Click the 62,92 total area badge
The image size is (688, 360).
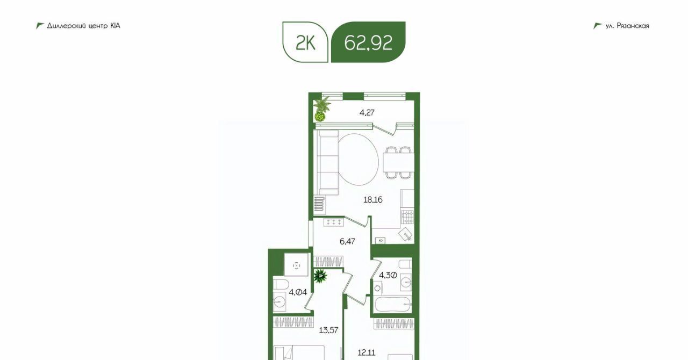click(368, 42)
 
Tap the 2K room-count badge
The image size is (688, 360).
click(305, 42)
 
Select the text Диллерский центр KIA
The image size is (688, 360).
click(83, 26)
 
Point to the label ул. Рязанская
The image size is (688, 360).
click(627, 26)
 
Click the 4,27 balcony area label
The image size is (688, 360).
click(367, 113)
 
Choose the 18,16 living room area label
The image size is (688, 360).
click(373, 200)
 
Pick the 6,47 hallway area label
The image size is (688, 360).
click(347, 241)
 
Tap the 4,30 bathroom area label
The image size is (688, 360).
click(388, 275)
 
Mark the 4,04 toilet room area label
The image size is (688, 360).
click(298, 292)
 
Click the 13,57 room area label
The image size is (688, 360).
click(328, 330)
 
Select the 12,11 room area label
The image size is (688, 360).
click(367, 352)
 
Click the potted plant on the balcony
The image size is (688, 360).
click(321, 109)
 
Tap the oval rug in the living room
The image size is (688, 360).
click(358, 160)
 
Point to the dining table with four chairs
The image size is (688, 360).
click(398, 162)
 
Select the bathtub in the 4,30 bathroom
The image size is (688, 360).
click(393, 304)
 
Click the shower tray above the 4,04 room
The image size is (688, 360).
click(296, 265)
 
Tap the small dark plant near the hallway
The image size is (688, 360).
click(320, 276)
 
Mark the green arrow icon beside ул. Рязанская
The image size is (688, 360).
click(597, 26)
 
